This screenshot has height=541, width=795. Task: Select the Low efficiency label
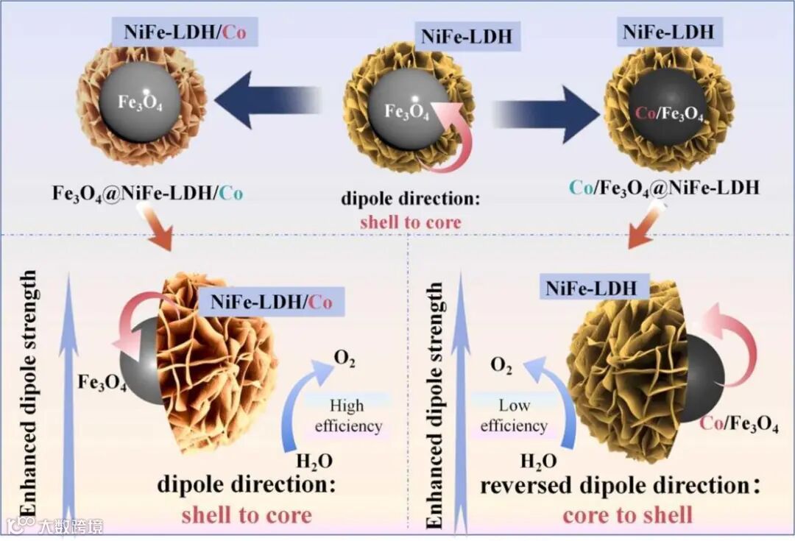pyautogui.click(x=514, y=415)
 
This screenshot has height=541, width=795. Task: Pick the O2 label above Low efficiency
pyautogui.click(x=501, y=366)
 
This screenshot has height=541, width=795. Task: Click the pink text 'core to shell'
pyautogui.click(x=627, y=514)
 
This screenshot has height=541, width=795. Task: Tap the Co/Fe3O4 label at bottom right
pyautogui.click(x=738, y=424)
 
